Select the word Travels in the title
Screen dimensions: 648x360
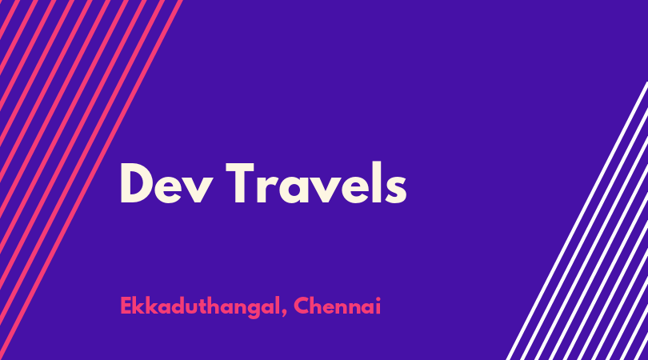coord(316,183)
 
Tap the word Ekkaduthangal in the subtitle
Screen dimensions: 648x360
coord(198,307)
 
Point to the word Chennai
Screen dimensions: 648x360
coord(338,306)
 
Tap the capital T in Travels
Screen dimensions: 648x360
coord(240,183)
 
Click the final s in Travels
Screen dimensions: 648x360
coord(396,190)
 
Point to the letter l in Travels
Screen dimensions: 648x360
coord(376,182)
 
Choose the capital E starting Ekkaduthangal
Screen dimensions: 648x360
coord(126,306)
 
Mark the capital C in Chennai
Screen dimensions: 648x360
coord(302,306)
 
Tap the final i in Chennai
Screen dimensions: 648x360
coord(378,306)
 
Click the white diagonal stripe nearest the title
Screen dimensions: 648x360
coord(577,221)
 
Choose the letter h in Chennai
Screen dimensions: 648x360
coord(318,306)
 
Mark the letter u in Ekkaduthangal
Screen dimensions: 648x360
coord(194,309)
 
